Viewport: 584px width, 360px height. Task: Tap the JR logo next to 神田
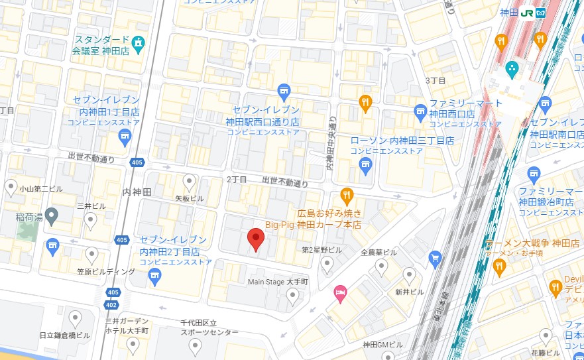pyautogui.click(x=528, y=13)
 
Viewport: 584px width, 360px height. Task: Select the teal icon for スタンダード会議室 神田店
pyautogui.click(x=139, y=44)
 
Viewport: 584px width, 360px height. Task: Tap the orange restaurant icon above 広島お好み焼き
pyautogui.click(x=345, y=195)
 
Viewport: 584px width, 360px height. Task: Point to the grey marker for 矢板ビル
pyautogui.click(x=190, y=180)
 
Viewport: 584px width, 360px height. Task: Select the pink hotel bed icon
pyautogui.click(x=340, y=292)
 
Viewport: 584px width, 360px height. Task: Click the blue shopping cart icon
pyautogui.click(x=435, y=257)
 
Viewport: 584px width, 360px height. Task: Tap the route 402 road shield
pyautogui.click(x=111, y=304)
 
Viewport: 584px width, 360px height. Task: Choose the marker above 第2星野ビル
pyautogui.click(x=327, y=265)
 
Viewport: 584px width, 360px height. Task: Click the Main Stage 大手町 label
pyautogui.click(x=278, y=282)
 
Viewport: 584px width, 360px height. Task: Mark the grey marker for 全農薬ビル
pyautogui.click(x=381, y=267)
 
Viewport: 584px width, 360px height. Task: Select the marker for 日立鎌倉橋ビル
pyautogui.click(x=74, y=320)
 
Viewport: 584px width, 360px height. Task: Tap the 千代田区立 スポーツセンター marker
pyautogui.click(x=195, y=345)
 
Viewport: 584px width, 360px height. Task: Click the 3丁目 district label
pyautogui.click(x=435, y=80)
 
